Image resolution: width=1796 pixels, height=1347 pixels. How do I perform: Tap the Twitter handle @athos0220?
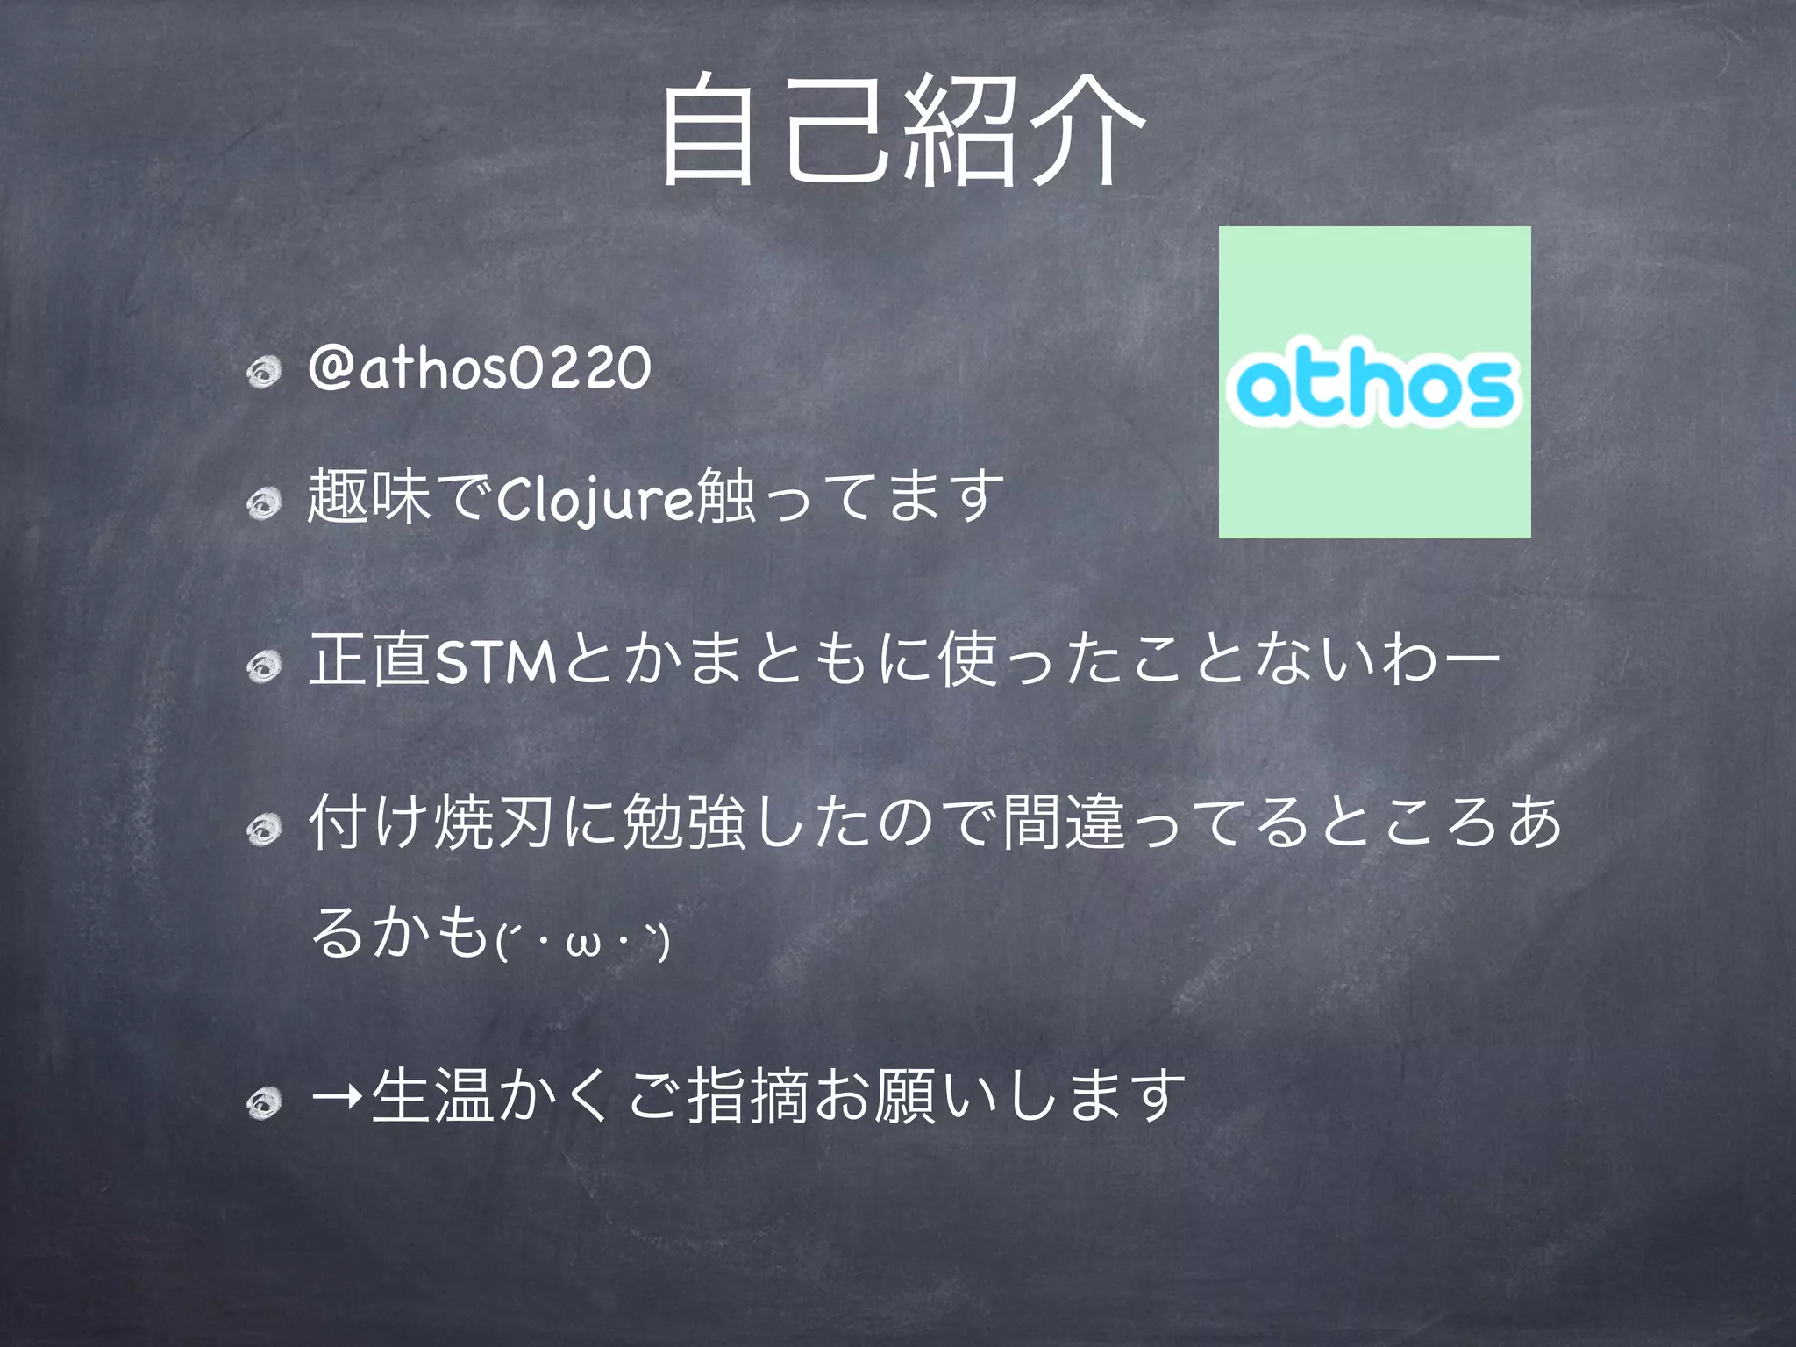(x=480, y=368)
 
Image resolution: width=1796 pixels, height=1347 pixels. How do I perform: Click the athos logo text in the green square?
(x=1373, y=385)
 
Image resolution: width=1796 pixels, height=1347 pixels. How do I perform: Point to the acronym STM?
(x=495, y=662)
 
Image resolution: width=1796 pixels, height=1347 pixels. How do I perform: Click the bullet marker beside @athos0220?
(x=264, y=373)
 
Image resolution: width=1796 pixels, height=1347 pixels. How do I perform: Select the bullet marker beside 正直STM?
(x=264, y=667)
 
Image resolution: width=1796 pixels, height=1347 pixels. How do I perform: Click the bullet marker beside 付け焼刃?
(x=264, y=828)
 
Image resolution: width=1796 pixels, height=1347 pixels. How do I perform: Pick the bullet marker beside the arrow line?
(x=264, y=1101)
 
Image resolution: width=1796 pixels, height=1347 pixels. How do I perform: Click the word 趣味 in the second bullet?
(x=369, y=497)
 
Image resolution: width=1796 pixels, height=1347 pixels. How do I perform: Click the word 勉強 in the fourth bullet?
(x=683, y=823)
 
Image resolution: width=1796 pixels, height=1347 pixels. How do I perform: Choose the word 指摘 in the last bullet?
(x=746, y=1096)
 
